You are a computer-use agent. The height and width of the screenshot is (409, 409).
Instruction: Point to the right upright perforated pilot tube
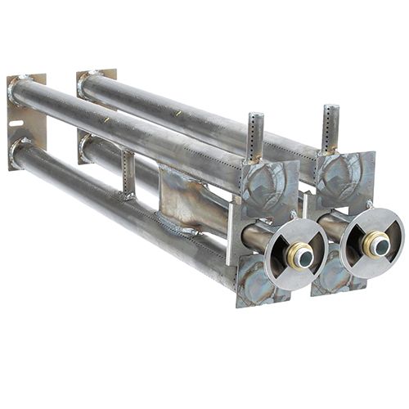coord(330,127)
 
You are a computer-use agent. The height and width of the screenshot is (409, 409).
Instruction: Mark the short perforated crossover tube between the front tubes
coord(127,173)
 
